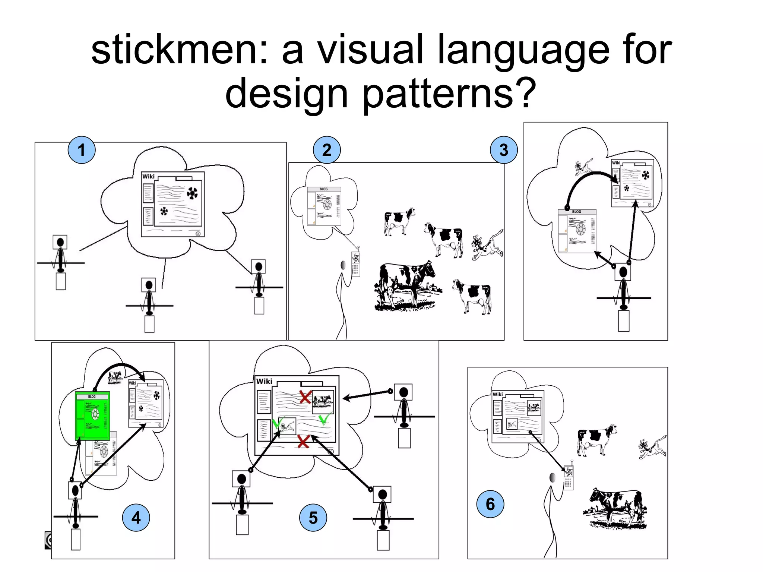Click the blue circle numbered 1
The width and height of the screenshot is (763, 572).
pos(82,150)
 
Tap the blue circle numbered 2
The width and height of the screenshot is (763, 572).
pos(327,150)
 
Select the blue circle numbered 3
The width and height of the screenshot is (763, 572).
pos(504,150)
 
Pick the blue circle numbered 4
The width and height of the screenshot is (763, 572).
pos(136,518)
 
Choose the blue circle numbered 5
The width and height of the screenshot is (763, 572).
pos(313,518)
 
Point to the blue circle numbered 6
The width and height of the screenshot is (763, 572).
pos(490,504)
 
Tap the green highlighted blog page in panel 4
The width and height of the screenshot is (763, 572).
pos(92,415)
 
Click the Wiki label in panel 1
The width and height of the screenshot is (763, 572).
pos(148,176)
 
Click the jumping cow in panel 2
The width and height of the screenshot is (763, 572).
pos(487,246)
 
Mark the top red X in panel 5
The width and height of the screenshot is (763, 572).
pos(305,397)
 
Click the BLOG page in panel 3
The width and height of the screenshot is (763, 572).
pos(576,231)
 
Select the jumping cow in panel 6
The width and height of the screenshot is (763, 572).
pos(652,447)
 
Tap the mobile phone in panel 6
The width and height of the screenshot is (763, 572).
pos(568,478)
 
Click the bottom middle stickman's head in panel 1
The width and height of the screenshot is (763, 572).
pos(149,285)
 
